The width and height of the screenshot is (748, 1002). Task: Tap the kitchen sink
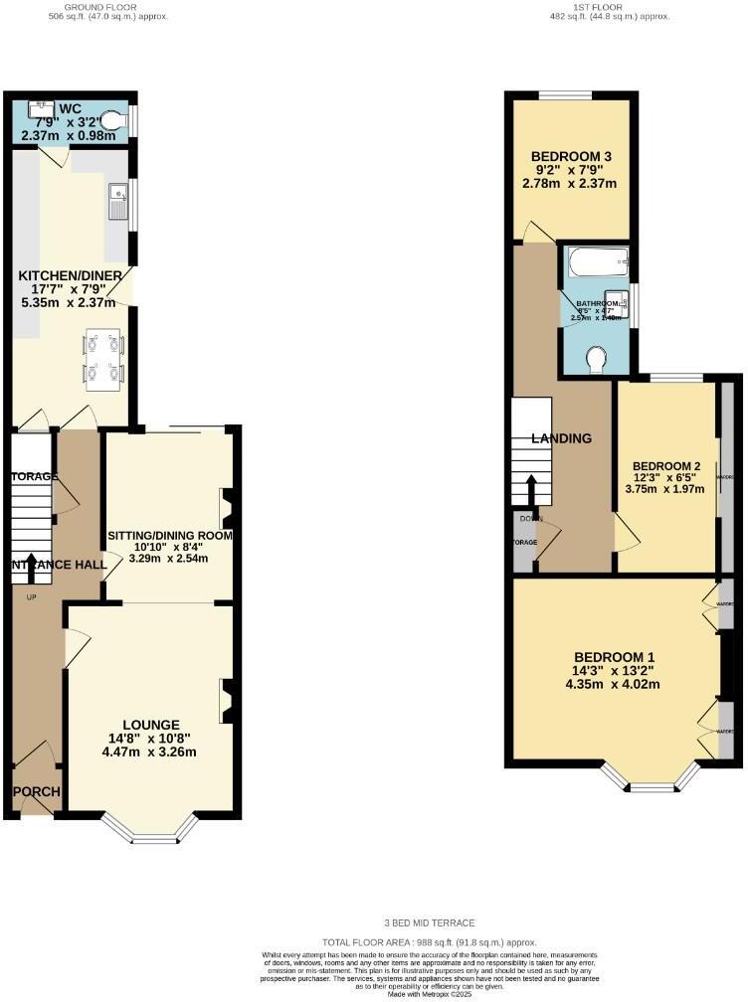pos(117,202)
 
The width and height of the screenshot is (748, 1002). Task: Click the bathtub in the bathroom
pos(597,263)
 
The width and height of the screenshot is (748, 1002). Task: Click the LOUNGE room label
pos(151,725)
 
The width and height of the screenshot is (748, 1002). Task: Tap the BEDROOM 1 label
pos(614,656)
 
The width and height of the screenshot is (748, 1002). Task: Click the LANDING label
pos(561,438)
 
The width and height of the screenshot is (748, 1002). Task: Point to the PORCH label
pos(37,792)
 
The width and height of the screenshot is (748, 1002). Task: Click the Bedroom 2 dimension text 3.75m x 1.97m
pos(663,488)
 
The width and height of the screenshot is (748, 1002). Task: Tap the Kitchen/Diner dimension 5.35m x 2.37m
pos(72,300)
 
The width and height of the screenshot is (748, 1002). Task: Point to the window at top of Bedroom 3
pos(567,95)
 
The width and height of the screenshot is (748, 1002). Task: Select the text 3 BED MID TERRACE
pos(429,922)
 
